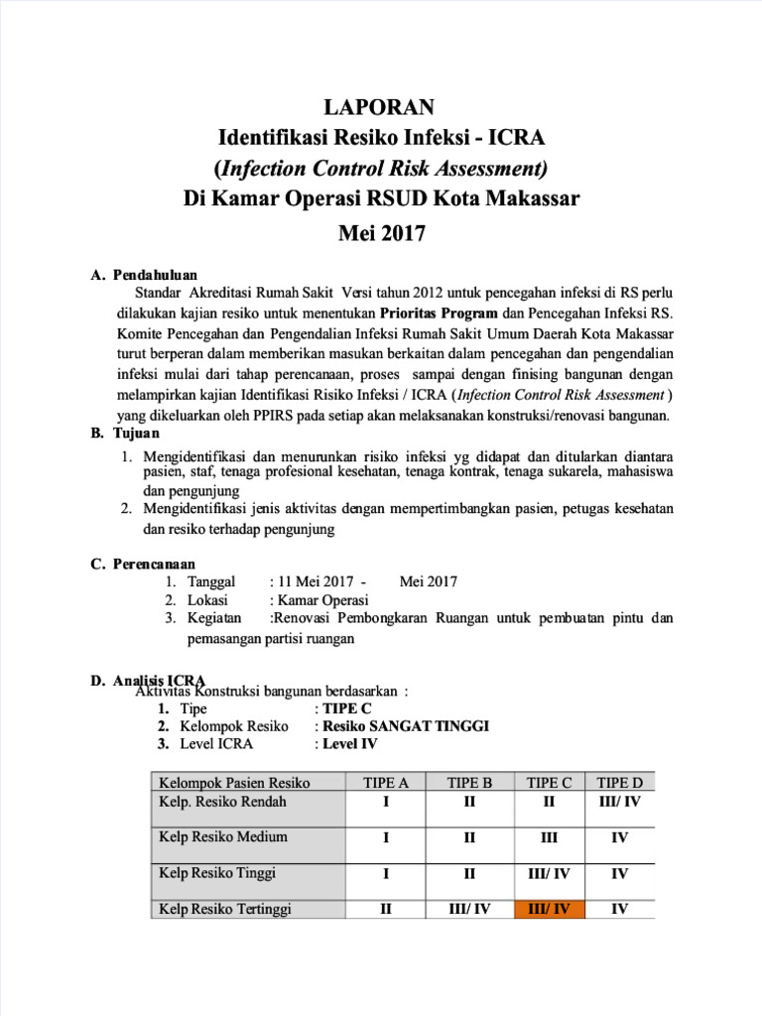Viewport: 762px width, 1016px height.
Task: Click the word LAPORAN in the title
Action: (381, 106)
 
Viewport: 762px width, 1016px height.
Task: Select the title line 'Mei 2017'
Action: (381, 234)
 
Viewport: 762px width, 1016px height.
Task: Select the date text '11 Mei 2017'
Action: (313, 581)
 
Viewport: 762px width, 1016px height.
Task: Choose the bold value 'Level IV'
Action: (349, 744)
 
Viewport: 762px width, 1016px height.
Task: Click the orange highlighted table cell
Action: (550, 908)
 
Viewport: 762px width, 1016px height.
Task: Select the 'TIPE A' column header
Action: (385, 783)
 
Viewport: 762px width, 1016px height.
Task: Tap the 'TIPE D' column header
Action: (619, 783)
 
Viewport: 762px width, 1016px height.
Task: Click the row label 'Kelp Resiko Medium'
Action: (223, 836)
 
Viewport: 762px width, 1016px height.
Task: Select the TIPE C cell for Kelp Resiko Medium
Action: (550, 837)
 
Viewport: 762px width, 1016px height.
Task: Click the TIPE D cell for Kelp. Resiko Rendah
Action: (619, 801)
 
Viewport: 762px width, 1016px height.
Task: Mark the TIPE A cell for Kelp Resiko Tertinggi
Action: (385, 908)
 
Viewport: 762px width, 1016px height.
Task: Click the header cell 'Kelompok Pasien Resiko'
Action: (234, 783)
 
